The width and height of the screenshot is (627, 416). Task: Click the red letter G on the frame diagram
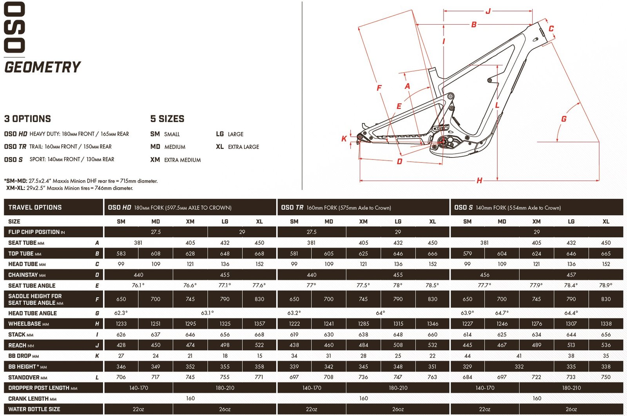click(564, 119)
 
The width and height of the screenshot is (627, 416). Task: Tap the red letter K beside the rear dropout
click(344, 138)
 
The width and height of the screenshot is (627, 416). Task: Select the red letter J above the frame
click(488, 11)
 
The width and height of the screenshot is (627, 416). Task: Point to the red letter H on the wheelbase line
click(479, 181)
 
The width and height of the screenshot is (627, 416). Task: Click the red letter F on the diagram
click(379, 88)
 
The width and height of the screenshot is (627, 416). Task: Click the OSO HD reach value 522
click(259, 345)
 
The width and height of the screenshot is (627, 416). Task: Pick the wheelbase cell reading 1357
click(259, 324)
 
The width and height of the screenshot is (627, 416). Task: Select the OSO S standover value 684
click(467, 377)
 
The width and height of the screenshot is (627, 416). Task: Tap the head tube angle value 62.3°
click(121, 313)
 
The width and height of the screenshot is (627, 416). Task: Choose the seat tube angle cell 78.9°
click(605, 286)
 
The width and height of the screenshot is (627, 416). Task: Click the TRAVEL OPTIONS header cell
click(35, 208)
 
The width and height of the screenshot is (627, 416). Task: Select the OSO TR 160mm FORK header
click(336, 208)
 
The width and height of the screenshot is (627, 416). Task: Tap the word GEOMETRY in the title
click(42, 67)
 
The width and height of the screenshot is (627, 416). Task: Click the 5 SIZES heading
click(167, 119)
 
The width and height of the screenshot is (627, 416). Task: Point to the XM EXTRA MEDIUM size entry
click(176, 160)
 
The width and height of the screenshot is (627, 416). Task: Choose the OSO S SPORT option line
click(59, 159)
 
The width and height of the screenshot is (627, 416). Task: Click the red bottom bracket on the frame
click(443, 141)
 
